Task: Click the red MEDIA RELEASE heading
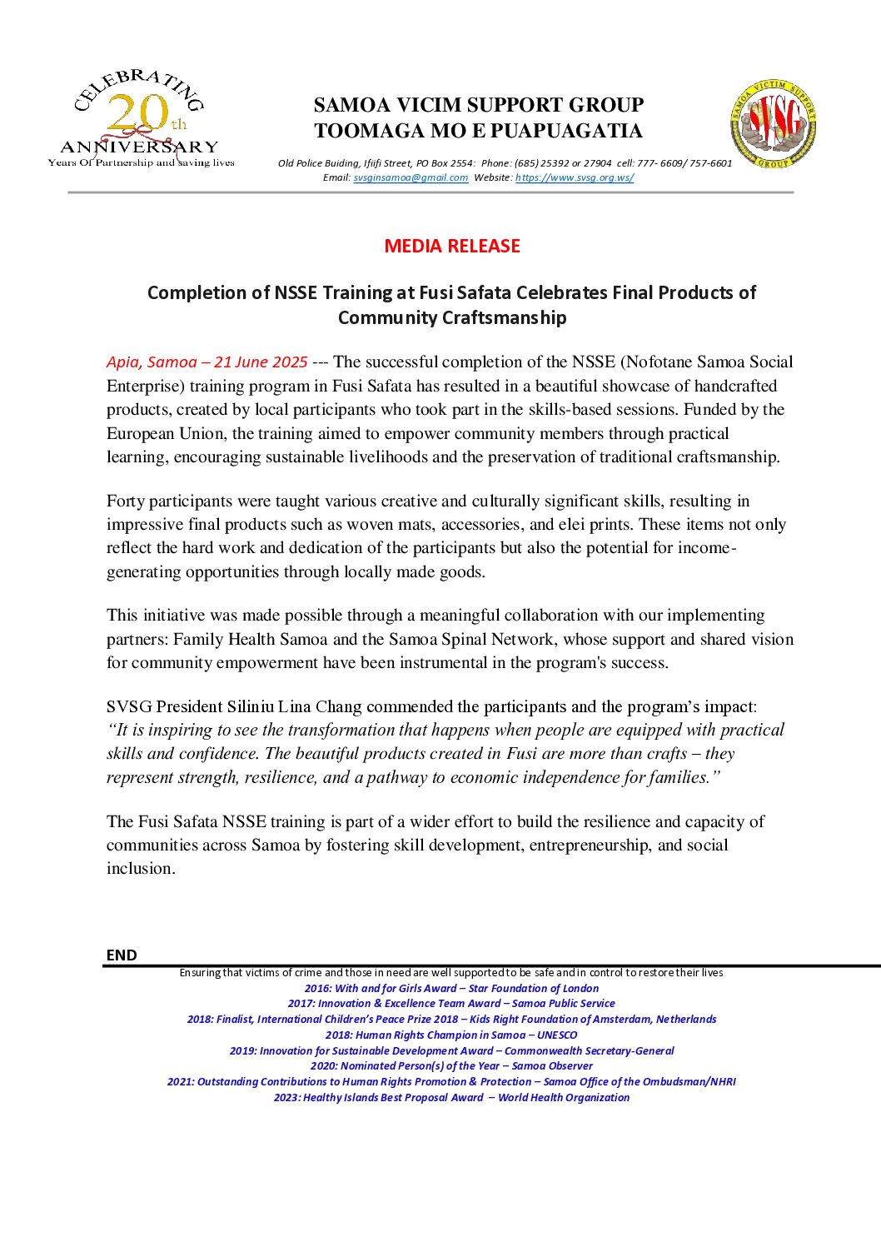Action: point(452,247)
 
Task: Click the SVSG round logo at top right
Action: point(773,125)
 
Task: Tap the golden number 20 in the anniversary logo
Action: point(137,113)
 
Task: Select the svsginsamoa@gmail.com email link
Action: point(411,177)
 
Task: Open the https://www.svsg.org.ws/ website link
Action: point(574,177)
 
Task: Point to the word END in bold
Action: point(122,955)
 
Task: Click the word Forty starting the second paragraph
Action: point(125,501)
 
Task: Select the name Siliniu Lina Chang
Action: point(294,707)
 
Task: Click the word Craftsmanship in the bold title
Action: point(452,318)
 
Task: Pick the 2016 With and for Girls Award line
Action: point(451,989)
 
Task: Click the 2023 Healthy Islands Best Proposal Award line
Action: point(451,1098)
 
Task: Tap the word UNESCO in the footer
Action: point(557,1035)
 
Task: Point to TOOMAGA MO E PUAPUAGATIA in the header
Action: point(478,132)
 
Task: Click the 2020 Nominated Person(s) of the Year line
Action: point(451,1066)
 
